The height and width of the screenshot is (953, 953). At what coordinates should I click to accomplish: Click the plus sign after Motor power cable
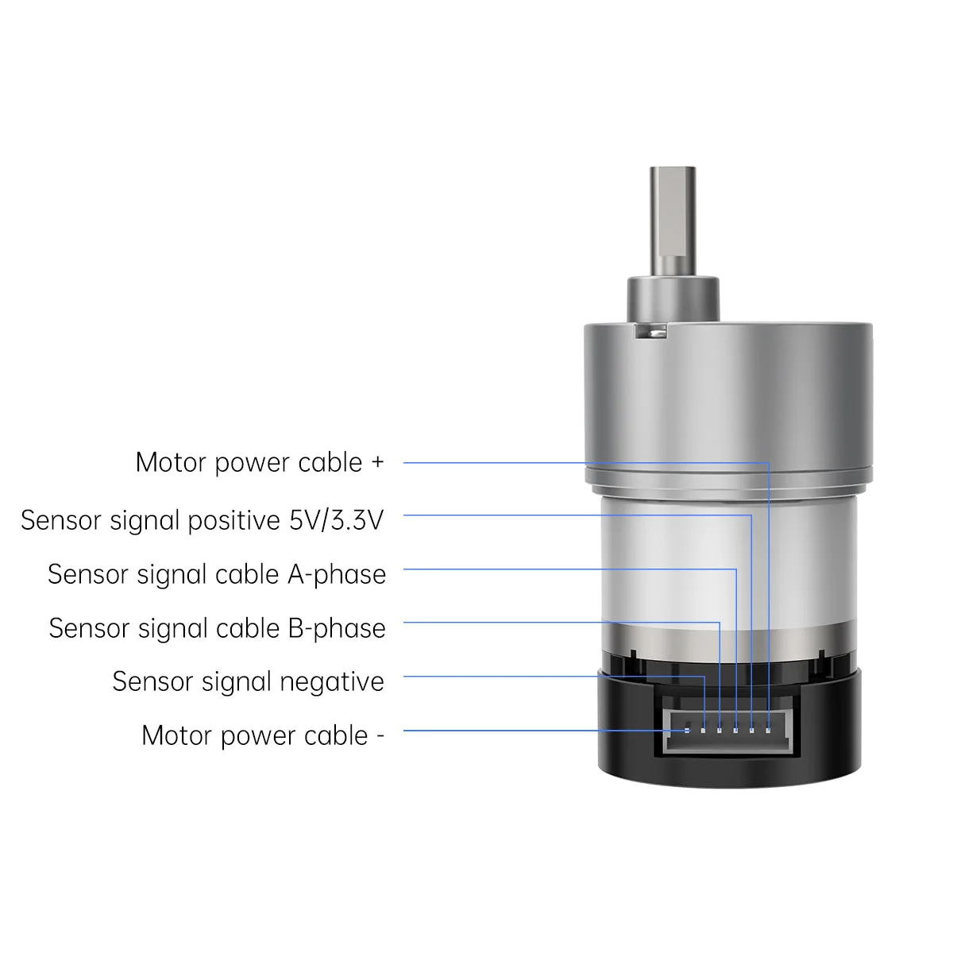(377, 462)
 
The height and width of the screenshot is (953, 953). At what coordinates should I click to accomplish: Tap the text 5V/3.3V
(336, 519)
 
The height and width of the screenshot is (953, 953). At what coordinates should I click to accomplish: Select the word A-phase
(336, 575)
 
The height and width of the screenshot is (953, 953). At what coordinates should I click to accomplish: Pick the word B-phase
(337, 628)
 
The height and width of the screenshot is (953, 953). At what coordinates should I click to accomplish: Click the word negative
(332, 681)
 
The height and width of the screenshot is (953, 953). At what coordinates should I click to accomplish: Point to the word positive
(234, 521)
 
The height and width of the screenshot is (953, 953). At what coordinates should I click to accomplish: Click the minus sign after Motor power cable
(380, 736)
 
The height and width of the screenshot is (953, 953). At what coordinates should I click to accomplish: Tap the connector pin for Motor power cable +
(768, 731)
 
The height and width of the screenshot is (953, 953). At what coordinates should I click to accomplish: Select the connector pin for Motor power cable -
(687, 731)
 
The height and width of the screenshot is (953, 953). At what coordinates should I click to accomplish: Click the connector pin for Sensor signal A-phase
(735, 731)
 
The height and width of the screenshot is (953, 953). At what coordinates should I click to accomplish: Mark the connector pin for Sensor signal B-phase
(720, 731)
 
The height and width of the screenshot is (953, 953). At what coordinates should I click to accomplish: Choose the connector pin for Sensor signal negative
(704, 731)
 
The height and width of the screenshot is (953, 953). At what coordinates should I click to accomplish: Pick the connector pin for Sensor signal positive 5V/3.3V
(752, 731)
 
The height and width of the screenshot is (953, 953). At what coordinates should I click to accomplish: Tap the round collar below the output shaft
(673, 300)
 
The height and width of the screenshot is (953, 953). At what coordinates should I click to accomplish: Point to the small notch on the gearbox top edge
(651, 331)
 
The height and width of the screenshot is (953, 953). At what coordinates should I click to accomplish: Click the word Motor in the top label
(171, 463)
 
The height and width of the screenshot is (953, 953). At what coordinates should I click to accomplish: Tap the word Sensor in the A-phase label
(88, 575)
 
